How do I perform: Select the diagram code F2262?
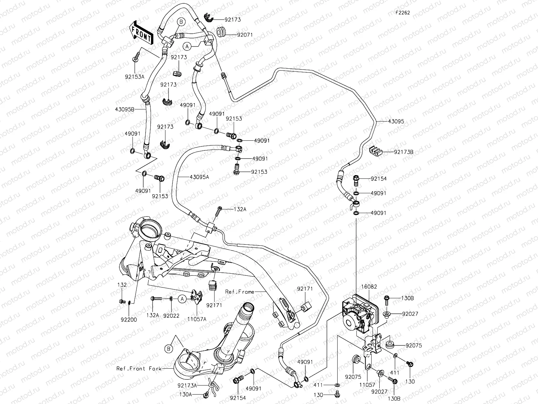click(402, 13)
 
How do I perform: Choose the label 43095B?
click(125, 109)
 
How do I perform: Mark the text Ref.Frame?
click(239, 292)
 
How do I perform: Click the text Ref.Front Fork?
click(136, 368)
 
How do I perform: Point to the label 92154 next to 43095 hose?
click(379, 179)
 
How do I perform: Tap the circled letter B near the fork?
click(168, 349)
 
